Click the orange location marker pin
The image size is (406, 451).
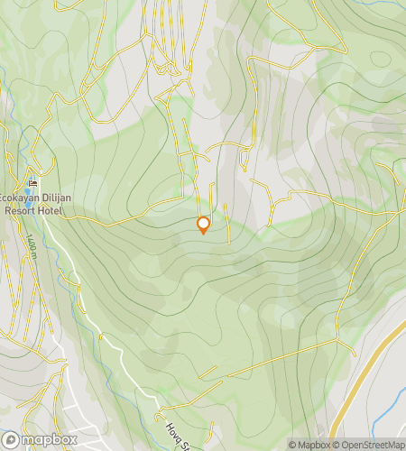(203, 225)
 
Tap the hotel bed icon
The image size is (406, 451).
(33, 184)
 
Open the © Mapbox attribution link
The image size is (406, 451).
(309, 445)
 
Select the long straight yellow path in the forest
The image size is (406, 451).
(271, 361)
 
